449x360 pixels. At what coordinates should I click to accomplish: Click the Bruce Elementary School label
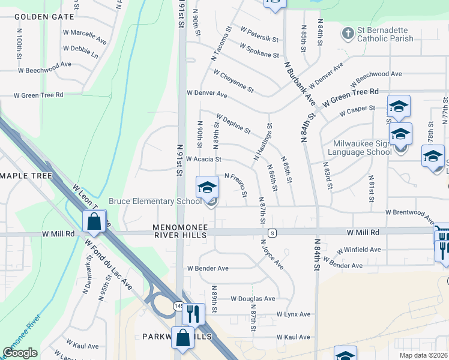[155, 201]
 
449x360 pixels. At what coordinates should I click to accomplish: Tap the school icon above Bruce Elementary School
[207, 188]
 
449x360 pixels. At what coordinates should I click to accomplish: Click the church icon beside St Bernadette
[347, 34]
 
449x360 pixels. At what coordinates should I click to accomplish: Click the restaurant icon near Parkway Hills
[193, 313]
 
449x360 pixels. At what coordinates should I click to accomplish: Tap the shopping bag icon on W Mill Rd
[94, 221]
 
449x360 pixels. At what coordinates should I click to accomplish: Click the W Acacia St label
[203, 160]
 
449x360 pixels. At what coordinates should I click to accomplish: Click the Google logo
[20, 353]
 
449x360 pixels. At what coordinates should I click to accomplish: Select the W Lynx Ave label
[294, 314]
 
